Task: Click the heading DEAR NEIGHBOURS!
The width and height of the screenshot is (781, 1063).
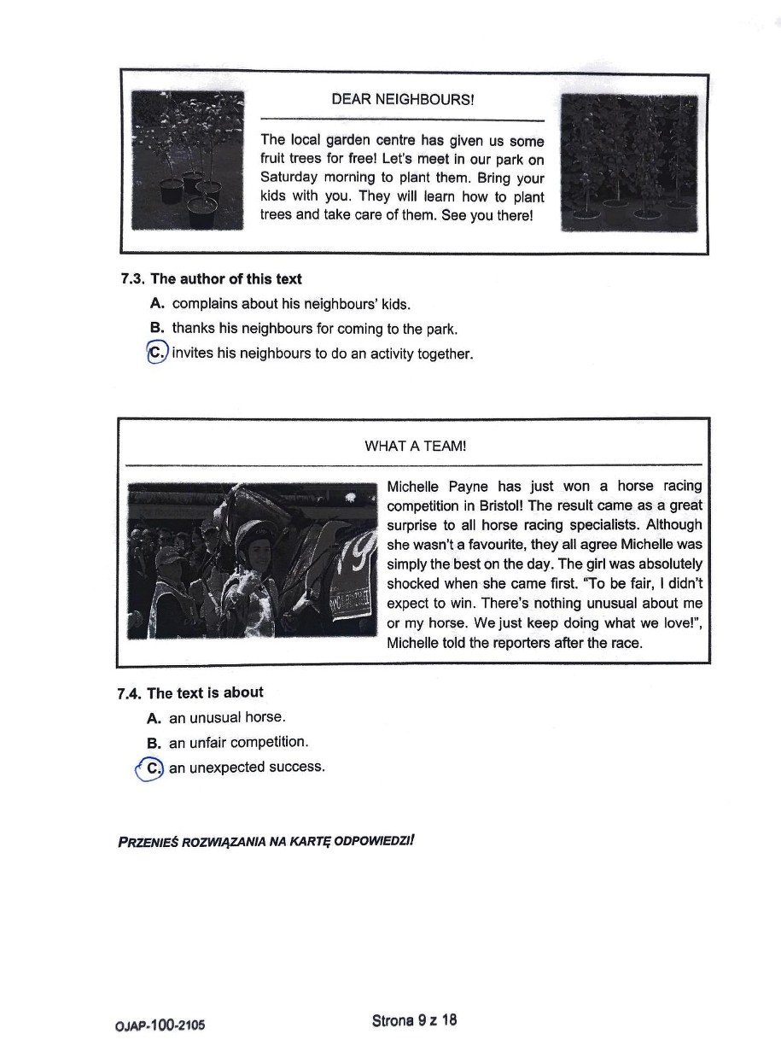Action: (x=402, y=99)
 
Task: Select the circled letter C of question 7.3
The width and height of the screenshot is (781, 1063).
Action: (x=157, y=353)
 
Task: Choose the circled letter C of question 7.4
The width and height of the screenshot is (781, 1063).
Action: (x=152, y=768)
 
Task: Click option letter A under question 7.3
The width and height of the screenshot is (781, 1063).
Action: (x=156, y=303)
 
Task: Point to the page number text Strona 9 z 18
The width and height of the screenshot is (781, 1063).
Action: (x=414, y=1019)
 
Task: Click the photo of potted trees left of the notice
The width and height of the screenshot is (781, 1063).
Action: (x=189, y=160)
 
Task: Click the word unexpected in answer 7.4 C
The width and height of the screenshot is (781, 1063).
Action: (x=228, y=767)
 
